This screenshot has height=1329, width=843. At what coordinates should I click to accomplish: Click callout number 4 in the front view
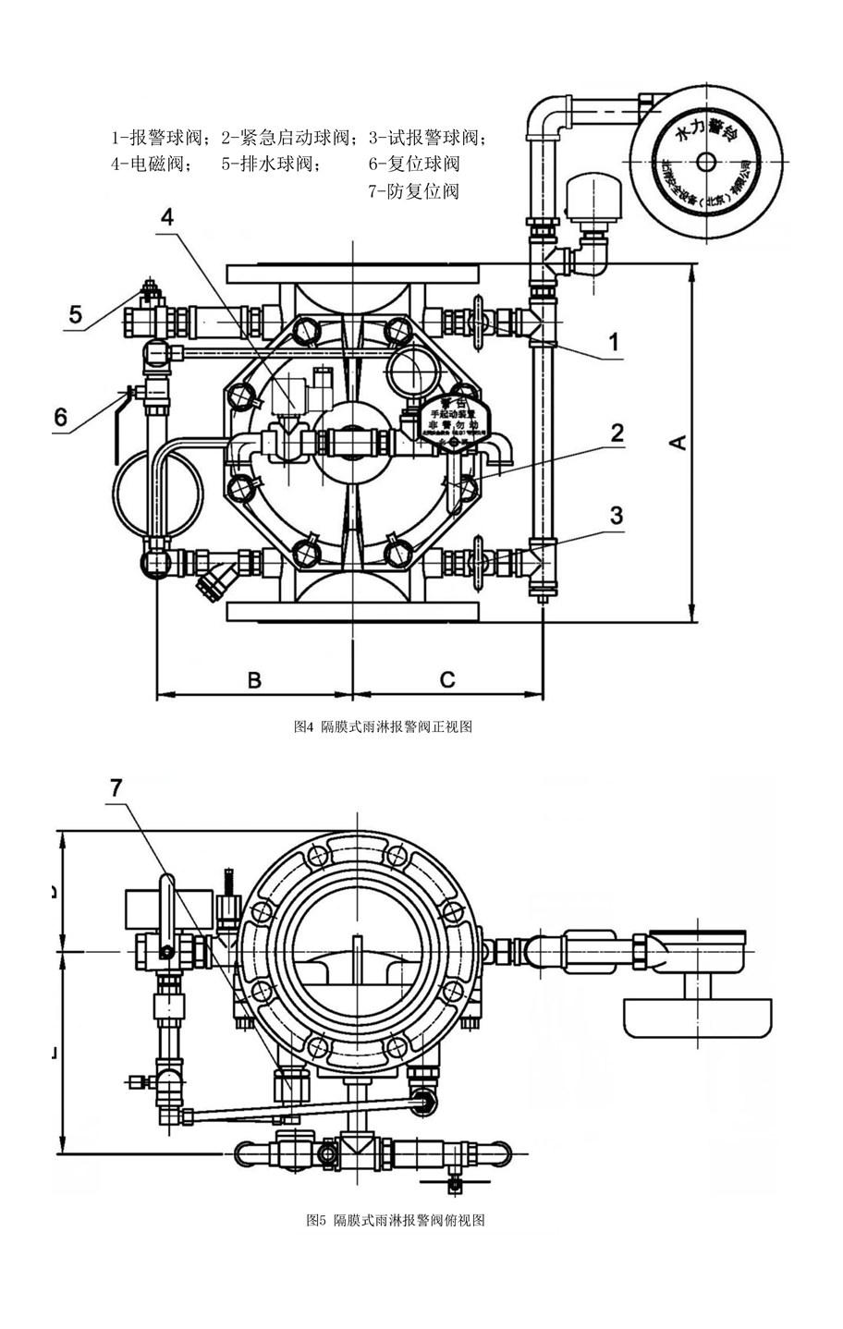(166, 218)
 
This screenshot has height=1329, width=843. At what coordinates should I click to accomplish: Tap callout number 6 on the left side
(60, 418)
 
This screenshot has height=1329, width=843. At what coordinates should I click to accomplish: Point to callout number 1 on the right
(613, 344)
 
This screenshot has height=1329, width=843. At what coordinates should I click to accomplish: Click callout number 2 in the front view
(617, 433)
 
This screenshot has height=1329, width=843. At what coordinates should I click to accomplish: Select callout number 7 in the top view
(116, 787)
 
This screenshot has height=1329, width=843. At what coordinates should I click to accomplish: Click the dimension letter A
(678, 443)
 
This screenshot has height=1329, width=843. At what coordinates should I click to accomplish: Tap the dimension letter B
(254, 680)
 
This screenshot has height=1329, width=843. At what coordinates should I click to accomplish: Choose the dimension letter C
(446, 680)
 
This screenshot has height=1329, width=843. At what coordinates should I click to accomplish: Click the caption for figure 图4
(384, 727)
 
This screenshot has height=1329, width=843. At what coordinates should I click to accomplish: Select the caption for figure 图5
(396, 1220)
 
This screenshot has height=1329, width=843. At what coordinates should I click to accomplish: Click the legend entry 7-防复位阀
(413, 191)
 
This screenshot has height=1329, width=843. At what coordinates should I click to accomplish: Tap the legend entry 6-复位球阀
(413, 165)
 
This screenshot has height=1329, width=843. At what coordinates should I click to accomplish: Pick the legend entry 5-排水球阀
(271, 165)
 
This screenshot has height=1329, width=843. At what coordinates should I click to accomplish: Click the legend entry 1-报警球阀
(162, 139)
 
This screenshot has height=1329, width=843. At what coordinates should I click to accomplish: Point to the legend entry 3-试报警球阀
(427, 139)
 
